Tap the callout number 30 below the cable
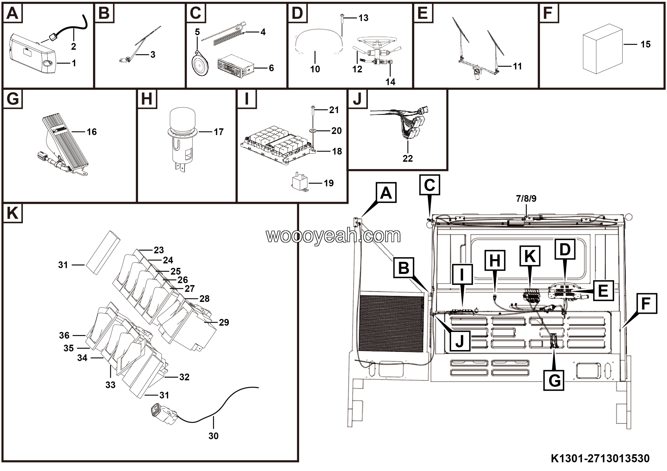213,436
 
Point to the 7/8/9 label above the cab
526,199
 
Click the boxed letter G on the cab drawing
554,380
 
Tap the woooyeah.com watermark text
333,236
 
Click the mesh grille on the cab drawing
391,324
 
